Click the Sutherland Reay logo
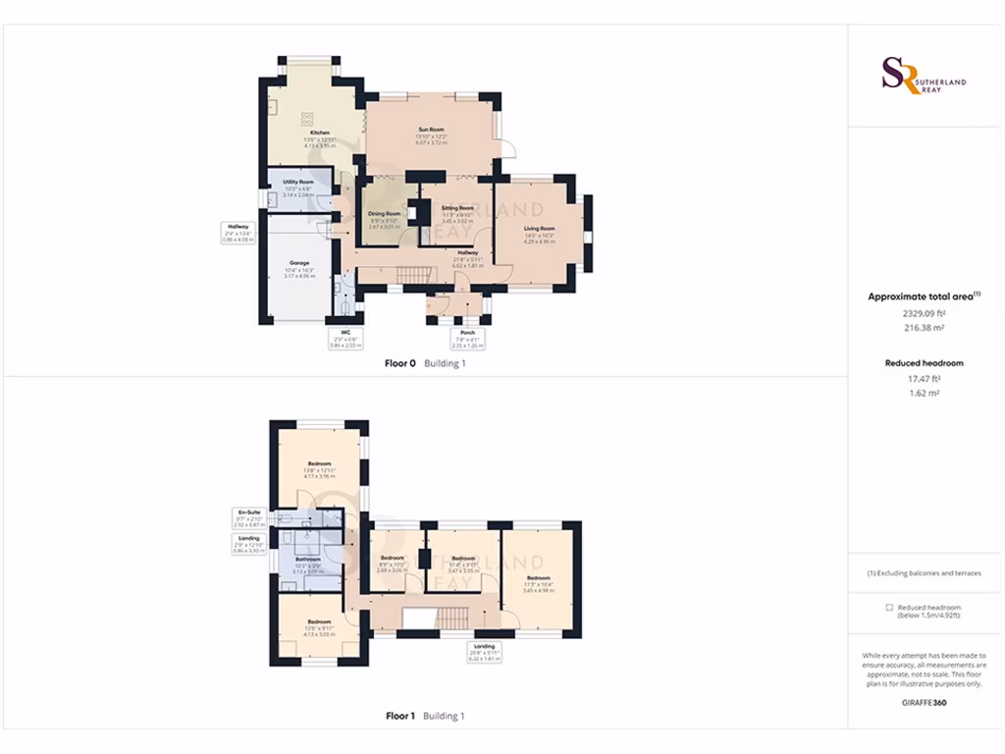pos(924,76)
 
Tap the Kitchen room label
pos(320,133)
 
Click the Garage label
pos(299,263)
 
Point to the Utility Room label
pos(298,183)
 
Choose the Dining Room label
pos(384,213)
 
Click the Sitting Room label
pos(457,208)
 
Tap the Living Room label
pos(540,229)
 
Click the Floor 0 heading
pos(400,363)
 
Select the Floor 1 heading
pos(400,716)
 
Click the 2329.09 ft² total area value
pos(924,313)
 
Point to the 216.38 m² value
pos(924,328)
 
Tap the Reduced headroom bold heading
pos(924,362)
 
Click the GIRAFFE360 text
pos(924,703)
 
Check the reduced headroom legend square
pos(889,608)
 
